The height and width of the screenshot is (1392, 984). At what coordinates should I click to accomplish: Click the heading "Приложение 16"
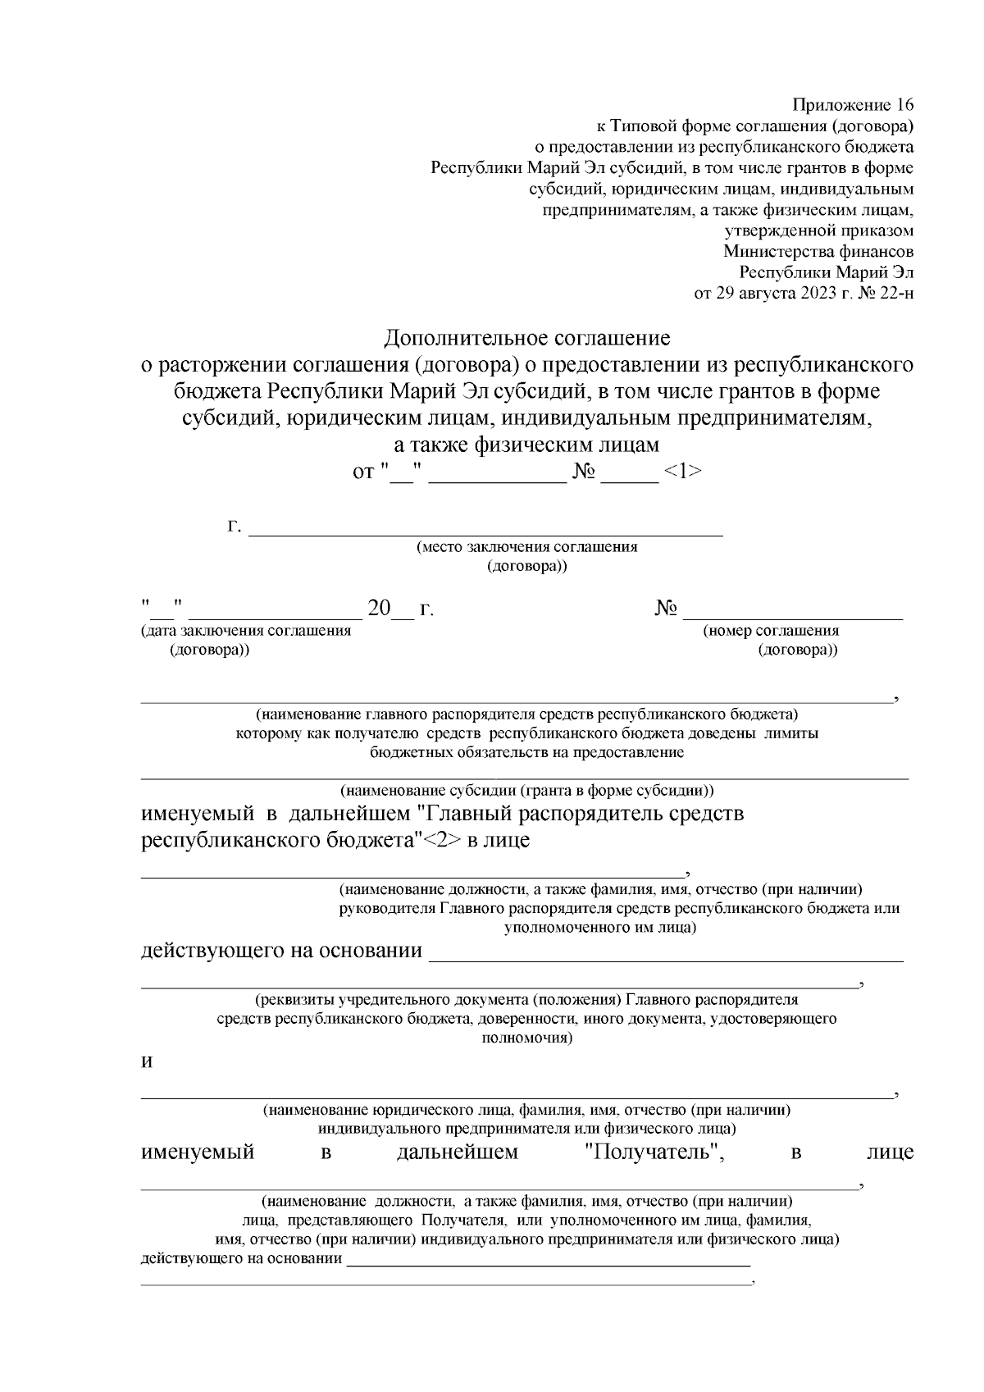tap(853, 105)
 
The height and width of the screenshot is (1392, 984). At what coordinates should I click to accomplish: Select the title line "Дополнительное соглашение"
tap(527, 338)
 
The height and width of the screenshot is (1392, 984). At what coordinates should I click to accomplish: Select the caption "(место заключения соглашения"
tap(526, 547)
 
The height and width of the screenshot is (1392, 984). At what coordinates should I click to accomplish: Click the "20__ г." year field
tap(400, 609)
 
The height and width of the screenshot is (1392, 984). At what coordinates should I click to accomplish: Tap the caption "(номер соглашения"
tap(771, 631)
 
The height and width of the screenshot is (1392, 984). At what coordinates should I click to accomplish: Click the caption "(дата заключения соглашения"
tap(246, 631)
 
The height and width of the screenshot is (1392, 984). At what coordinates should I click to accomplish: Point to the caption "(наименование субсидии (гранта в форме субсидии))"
tap(527, 792)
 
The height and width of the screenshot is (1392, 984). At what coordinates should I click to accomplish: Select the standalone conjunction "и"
tap(148, 1061)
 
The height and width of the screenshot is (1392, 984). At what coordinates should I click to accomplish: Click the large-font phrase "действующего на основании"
tap(282, 951)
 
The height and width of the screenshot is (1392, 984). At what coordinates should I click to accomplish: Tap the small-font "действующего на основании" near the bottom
tap(242, 1259)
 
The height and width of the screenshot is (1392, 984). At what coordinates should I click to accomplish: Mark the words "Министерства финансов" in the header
tap(818, 252)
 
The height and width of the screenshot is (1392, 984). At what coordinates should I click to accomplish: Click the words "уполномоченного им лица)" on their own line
tap(600, 928)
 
